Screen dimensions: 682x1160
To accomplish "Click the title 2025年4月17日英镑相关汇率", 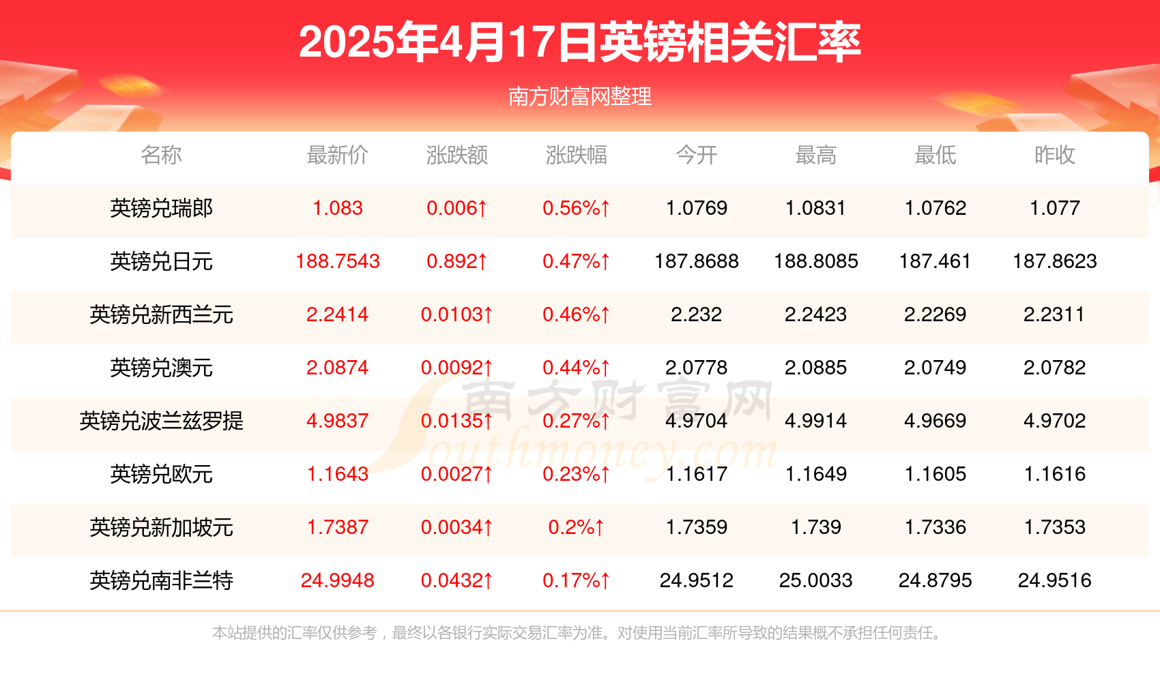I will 579,42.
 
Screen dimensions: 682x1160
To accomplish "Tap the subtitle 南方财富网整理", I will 579,97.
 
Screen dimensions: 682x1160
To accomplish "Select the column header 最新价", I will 337,155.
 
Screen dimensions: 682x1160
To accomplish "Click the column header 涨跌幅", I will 576,155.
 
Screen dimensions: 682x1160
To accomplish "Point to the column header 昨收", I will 1054,155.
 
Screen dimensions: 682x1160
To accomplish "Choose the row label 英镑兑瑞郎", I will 162,208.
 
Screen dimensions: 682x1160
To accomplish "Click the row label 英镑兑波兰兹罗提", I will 162,421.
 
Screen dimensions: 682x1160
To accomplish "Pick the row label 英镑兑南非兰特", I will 162,580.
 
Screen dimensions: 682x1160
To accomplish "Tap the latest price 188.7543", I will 337,261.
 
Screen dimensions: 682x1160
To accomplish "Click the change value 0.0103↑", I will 456,314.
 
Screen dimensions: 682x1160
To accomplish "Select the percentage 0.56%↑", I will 576,208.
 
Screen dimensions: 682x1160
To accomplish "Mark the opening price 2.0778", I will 696,368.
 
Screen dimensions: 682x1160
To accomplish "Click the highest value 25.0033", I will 815,580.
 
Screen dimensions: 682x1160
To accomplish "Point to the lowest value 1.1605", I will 935,474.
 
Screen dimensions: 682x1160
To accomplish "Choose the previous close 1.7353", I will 1054,527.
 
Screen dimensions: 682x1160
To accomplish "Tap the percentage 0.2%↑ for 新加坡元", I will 576,527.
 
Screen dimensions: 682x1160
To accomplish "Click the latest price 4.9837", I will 337,421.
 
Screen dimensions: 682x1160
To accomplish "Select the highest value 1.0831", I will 815,208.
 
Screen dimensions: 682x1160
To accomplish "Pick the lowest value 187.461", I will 935,261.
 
